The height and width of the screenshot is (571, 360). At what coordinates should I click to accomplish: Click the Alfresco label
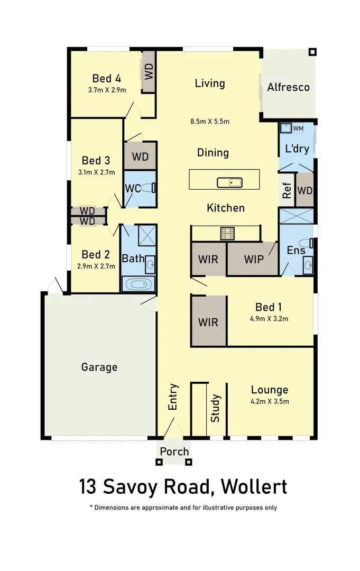[288, 87]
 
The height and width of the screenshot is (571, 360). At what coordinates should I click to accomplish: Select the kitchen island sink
[229, 183]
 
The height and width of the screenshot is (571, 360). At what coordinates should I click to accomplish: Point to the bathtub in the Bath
[139, 285]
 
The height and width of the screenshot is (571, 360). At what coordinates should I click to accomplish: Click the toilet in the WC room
[153, 187]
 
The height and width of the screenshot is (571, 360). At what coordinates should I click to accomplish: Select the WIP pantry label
[254, 260]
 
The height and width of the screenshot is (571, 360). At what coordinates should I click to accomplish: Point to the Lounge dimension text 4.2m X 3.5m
[269, 401]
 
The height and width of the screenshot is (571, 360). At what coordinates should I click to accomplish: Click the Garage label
[99, 367]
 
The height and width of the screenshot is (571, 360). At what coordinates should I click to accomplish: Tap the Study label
[216, 408]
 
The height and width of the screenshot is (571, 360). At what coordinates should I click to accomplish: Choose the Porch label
[174, 452]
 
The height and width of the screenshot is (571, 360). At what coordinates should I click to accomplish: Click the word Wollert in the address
[254, 486]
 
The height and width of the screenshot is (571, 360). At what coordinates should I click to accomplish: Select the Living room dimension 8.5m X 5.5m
[210, 122]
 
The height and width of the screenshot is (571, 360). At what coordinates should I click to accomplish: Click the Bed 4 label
[107, 79]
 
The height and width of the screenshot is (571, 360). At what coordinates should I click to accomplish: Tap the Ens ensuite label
[296, 250]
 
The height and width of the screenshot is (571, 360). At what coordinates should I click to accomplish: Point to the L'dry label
[297, 149]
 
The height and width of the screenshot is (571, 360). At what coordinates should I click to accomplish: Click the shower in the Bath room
[147, 235]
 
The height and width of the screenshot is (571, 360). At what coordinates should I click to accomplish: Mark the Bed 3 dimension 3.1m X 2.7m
[96, 172]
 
